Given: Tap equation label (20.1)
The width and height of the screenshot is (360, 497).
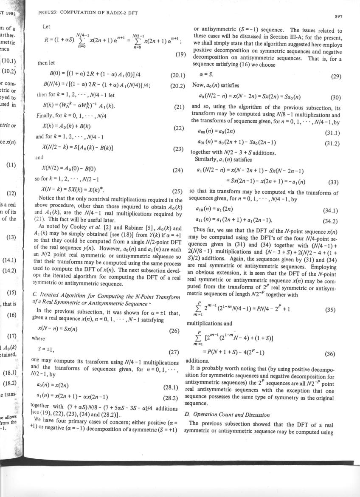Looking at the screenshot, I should (x=178, y=76).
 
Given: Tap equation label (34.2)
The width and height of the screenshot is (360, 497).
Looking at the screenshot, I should (x=331, y=221).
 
